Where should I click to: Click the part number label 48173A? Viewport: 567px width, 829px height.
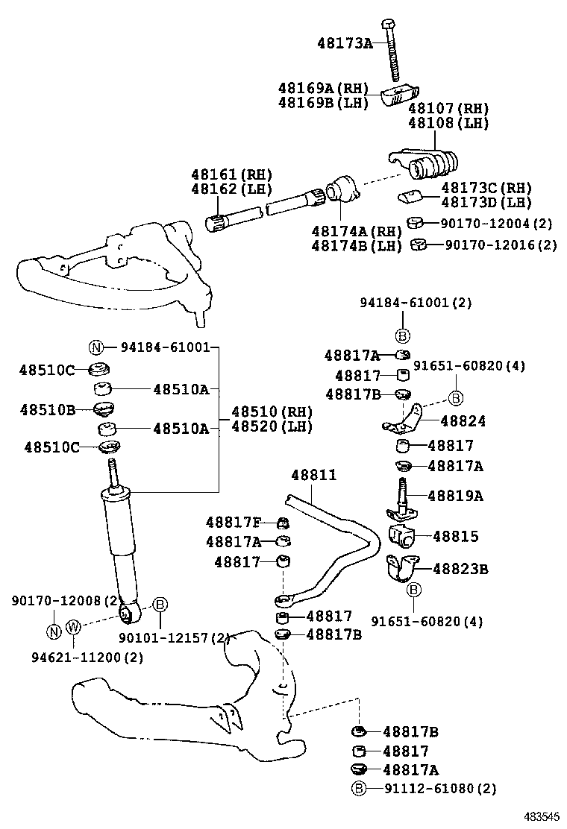[344, 43]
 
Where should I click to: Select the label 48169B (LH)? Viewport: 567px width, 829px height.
[323, 103]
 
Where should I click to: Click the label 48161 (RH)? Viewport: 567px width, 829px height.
[231, 175]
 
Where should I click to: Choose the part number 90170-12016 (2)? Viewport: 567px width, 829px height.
[500, 245]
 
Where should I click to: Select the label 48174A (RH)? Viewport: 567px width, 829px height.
[357, 231]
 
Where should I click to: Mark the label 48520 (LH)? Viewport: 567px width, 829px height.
[272, 427]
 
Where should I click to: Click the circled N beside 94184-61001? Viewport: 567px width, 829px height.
[95, 347]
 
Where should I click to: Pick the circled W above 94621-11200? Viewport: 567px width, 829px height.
[73, 626]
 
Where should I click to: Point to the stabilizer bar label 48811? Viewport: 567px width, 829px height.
[313, 475]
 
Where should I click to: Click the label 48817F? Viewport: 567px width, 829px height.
[234, 521]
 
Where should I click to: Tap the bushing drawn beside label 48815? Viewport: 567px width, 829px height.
[401, 536]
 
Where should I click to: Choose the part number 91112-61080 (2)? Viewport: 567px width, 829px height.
[439, 788]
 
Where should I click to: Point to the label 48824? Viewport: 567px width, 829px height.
[463, 421]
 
